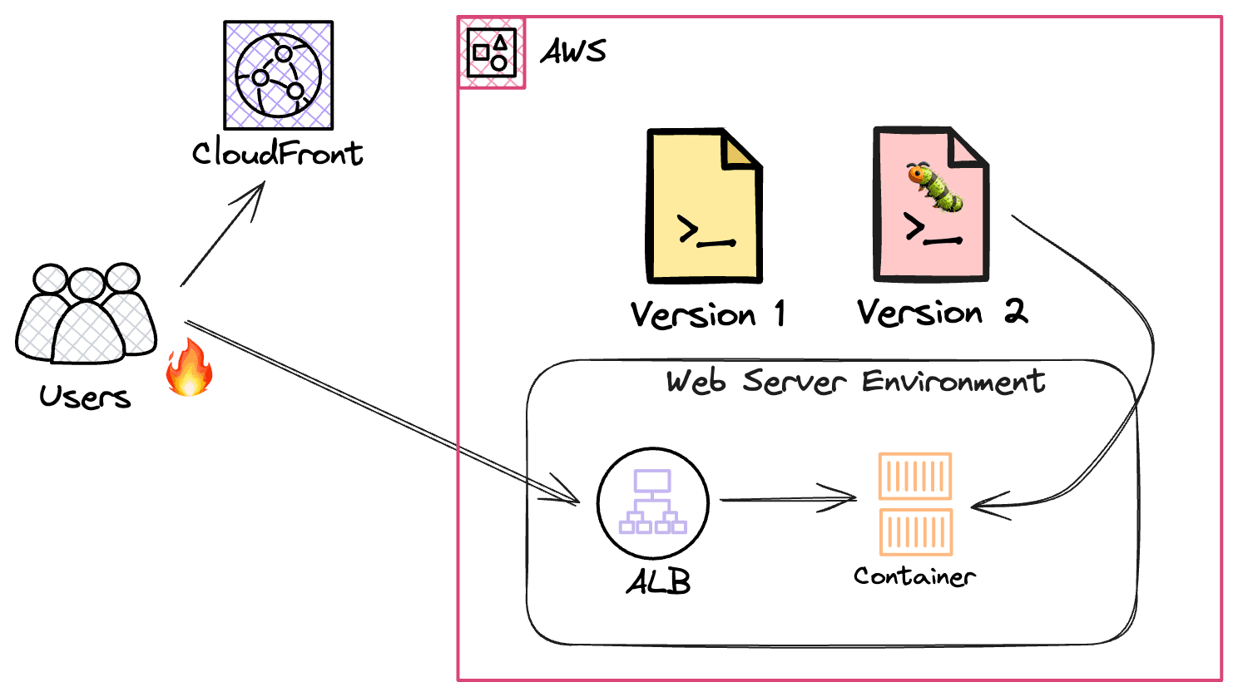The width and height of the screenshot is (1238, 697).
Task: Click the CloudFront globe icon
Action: pos(279,75)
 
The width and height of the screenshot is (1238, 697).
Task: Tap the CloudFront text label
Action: pos(277,153)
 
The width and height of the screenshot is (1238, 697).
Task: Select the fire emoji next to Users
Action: pos(190,368)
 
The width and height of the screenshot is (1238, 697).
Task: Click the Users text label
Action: pos(85,397)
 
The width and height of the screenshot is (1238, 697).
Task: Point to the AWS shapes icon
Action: pos(492,52)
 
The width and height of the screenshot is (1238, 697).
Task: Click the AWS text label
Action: pos(573,52)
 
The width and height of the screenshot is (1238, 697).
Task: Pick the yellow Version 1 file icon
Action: pos(705,205)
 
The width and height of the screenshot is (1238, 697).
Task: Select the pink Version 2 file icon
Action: pos(931,205)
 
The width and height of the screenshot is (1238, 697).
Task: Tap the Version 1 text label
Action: pos(708,314)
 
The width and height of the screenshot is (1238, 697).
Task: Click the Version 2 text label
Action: pos(943,313)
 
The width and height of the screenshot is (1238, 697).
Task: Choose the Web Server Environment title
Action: pos(855,381)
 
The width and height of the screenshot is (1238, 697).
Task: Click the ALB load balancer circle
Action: pos(653,502)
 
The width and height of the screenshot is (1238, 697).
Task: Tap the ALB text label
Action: pos(658,581)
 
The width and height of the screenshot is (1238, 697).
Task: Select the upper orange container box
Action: pos(915,476)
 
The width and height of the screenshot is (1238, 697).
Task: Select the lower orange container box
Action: pos(916,531)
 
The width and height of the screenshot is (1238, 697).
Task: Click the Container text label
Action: pos(914,576)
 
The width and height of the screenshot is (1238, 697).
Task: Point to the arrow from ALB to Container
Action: pos(789,499)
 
